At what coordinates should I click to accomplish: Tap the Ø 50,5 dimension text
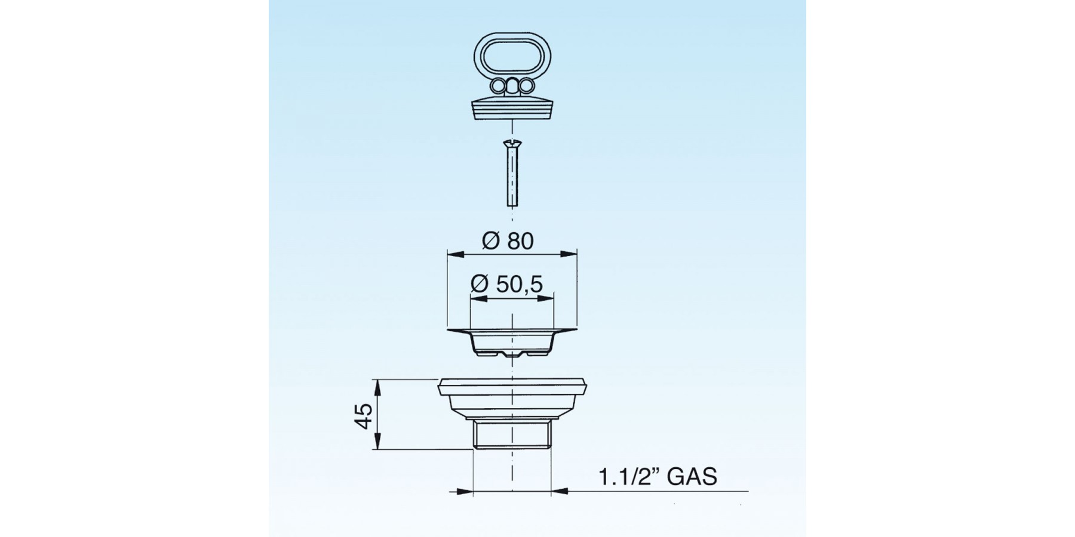(x=506, y=284)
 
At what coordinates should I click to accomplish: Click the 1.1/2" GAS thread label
(x=658, y=477)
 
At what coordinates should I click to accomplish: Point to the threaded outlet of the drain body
(x=512, y=436)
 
